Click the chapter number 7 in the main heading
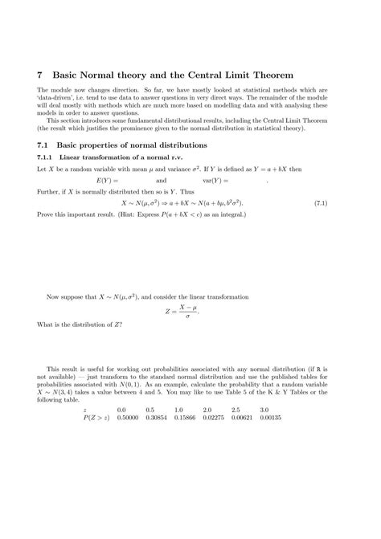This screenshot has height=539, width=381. [41, 74]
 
